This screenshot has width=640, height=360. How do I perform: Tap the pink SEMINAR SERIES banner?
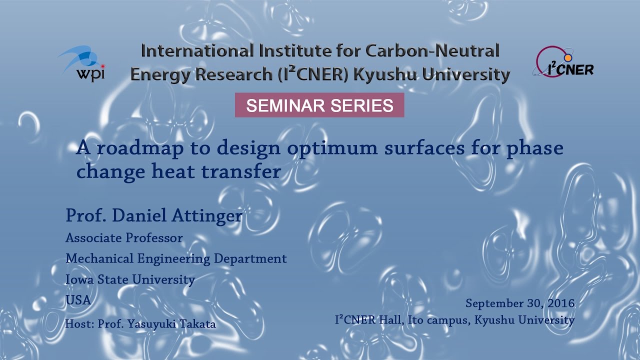click(x=319, y=105)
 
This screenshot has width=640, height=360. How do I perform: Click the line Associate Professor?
click(x=124, y=238)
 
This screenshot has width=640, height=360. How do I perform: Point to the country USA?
click(x=78, y=300)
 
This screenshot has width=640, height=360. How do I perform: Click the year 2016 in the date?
click(x=560, y=303)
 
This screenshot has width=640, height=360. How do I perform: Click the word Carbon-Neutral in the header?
click(x=432, y=51)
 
